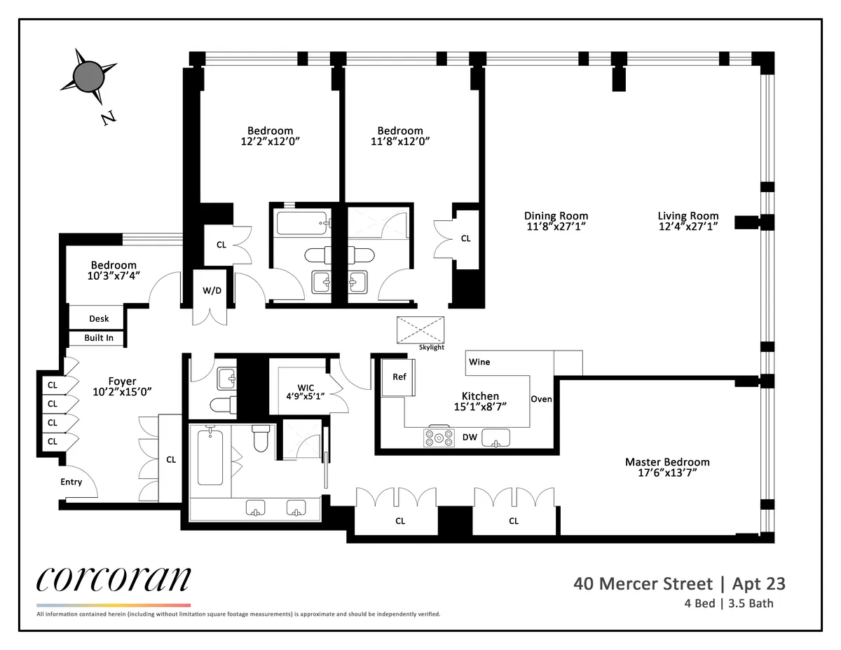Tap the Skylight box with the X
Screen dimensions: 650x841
[421, 330]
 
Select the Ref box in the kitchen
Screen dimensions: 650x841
[399, 377]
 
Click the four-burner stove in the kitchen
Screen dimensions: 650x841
[439, 438]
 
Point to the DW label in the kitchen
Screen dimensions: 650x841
[470, 438]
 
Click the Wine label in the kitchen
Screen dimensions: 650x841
[479, 362]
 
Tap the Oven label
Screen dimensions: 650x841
[541, 399]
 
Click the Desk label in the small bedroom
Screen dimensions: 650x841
[99, 318]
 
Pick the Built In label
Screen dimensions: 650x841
[99, 338]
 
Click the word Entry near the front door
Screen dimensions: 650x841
[71, 482]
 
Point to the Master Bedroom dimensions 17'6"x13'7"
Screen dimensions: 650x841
[666, 473]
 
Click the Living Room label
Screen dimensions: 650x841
[688, 216]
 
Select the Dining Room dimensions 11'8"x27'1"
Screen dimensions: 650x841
[556, 226]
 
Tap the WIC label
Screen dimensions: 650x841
[306, 388]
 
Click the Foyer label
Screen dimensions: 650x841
[122, 381]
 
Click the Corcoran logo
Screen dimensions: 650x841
[113, 578]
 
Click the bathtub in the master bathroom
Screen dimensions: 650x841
[210, 457]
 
